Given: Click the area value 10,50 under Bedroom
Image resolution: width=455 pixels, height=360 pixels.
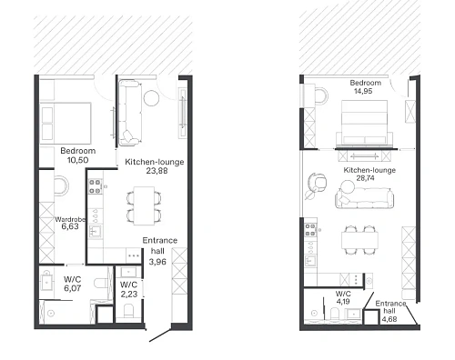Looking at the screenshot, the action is pos(78,160).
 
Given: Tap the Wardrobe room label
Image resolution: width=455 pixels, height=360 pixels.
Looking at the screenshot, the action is pos(70,219).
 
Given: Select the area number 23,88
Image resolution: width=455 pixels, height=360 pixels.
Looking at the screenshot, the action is pos(157,171).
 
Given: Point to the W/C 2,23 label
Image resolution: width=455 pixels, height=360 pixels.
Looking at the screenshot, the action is pos(129,289).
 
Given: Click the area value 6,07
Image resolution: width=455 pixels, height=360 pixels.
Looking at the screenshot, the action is pos(73,288).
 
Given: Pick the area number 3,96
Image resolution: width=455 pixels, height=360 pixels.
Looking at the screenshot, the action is pos(157,262).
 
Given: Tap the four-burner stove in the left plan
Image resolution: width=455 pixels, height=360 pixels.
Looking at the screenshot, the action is pos(95,186).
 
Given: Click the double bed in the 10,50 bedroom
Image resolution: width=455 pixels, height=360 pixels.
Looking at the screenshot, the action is pos(66,123).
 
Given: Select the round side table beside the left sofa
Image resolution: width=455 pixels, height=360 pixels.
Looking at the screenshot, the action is pos(151,98).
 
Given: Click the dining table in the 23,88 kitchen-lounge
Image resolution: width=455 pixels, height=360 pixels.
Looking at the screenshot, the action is pos(144,205).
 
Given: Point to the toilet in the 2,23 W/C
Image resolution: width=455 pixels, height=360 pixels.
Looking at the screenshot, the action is pos(129,311).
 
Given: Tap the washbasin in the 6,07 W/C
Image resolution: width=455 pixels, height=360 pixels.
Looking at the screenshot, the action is pos(46,282).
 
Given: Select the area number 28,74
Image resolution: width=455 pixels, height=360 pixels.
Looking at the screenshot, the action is pos(365,178).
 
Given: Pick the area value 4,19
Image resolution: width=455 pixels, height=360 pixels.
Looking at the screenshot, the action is pos(343,302).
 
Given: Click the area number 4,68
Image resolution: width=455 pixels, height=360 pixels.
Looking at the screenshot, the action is pos(389,319).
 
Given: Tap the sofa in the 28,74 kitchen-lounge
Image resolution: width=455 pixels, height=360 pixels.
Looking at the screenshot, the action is pos(365,198).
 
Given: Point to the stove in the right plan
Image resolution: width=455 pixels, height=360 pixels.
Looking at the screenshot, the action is pos(310,230).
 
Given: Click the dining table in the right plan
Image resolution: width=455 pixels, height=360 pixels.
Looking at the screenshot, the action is pos(360,240).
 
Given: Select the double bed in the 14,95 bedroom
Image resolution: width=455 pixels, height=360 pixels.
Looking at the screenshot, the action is pos(364,122).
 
